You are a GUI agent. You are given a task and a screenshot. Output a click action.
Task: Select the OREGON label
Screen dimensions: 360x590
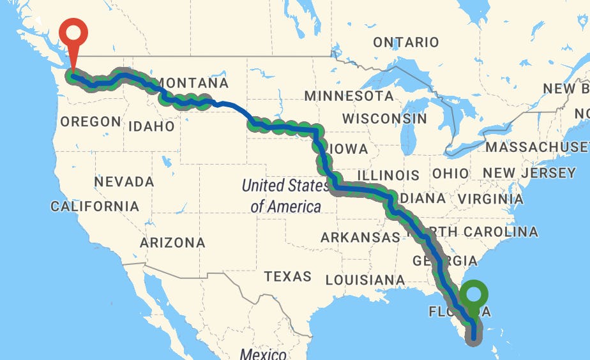point(90,121)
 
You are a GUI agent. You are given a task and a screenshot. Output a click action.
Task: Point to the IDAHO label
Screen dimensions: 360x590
point(151,126)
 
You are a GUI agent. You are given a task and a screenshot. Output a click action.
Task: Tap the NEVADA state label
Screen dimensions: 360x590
point(124,182)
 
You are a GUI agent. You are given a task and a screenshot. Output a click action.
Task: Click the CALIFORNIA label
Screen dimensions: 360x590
point(95,206)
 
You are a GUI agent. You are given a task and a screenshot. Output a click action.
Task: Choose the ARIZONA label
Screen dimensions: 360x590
point(172,243)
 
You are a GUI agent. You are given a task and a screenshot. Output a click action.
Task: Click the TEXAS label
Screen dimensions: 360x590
point(288,276)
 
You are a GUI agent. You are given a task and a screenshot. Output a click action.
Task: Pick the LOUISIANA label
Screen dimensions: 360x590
point(365,280)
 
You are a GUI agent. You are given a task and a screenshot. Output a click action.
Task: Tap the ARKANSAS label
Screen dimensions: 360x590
point(360,237)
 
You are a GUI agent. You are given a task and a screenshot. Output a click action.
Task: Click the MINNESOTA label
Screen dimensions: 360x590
point(349,96)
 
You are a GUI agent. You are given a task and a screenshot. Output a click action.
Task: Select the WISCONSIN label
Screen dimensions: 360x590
point(384,118)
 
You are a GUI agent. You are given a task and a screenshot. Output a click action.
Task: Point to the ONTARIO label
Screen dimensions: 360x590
point(405,42)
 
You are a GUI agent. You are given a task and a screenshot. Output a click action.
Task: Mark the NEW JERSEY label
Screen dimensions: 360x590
point(529,173)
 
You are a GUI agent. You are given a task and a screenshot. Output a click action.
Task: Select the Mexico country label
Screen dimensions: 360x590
point(262,354)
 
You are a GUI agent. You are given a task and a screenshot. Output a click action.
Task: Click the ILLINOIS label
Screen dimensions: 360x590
point(388,175)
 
